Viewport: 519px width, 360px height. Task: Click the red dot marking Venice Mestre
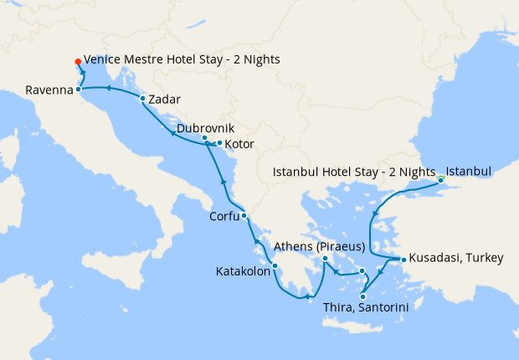click(x=78, y=61)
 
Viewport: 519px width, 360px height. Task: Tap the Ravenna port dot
click(x=79, y=89)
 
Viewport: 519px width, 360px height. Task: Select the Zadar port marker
click(x=143, y=99)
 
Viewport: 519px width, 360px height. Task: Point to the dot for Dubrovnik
click(x=204, y=137)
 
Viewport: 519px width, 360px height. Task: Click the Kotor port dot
click(x=219, y=143)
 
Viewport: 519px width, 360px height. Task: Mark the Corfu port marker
click(x=244, y=216)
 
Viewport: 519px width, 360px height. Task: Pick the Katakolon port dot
click(x=275, y=267)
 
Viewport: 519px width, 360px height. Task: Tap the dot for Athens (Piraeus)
click(x=326, y=260)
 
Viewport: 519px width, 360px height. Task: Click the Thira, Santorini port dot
click(x=363, y=296)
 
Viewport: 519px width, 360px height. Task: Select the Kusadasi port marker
click(x=403, y=260)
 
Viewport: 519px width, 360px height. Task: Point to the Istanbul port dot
click(x=440, y=178)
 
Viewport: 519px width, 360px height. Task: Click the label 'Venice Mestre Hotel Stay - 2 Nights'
click(x=182, y=60)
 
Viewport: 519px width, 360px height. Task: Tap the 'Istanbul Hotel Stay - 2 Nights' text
click(x=355, y=172)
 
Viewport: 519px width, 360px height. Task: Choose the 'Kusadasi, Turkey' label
click(x=456, y=259)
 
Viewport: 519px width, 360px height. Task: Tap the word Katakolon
click(x=243, y=272)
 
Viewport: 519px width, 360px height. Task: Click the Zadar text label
click(x=164, y=99)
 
